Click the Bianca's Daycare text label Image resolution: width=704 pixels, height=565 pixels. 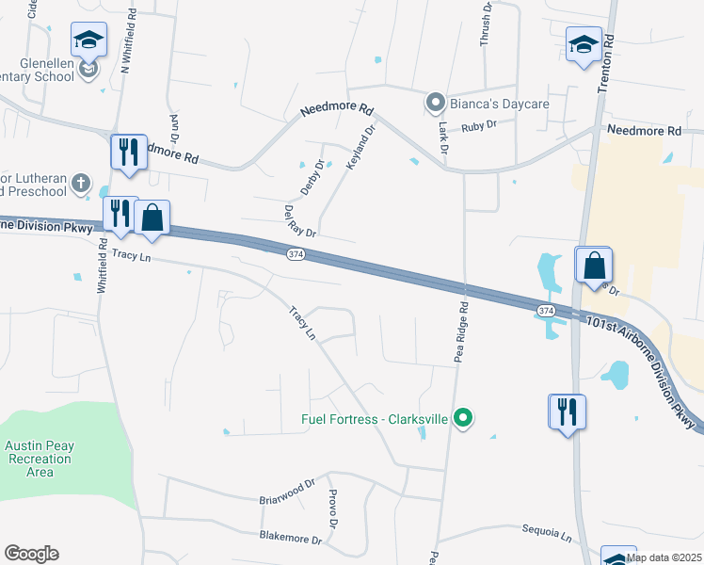pos(483,101)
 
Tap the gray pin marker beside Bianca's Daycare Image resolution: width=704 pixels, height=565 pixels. pos(435,101)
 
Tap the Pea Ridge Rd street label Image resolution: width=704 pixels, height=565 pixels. pos(461,331)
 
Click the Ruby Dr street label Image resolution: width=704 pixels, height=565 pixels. pos(478,124)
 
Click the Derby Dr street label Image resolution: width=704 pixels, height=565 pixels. pos(312,177)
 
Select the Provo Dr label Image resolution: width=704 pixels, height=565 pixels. pos(331,508)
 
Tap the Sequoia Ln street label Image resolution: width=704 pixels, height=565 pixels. pos(547,534)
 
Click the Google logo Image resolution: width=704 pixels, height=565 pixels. pos(31,554)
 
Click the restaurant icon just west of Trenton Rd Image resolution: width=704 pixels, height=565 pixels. pos(567,412)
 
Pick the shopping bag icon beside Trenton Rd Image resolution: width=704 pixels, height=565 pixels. pos(595,266)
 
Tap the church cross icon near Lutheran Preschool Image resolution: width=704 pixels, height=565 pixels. pos(81,182)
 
